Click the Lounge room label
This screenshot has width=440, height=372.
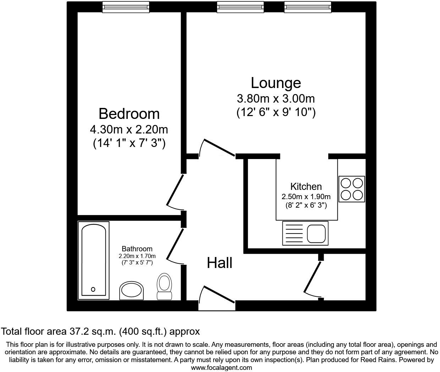pyautogui.click(x=276, y=83)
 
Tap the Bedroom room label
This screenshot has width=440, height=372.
pyautogui.click(x=129, y=114)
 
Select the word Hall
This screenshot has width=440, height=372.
pyautogui.click(x=220, y=263)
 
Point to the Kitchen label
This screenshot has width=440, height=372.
pyautogui.click(x=306, y=186)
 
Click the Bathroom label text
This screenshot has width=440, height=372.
pyautogui.click(x=137, y=249)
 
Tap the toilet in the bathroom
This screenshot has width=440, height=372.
pyautogui.click(x=164, y=286)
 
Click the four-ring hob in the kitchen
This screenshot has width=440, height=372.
pyautogui.click(x=352, y=189)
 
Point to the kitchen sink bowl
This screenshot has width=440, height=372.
pyautogui.click(x=317, y=234)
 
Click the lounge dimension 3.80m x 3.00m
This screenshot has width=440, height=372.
pyautogui.click(x=276, y=98)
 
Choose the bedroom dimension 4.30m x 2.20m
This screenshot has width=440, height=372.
pyautogui.click(x=129, y=129)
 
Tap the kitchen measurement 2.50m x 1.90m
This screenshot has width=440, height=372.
pyautogui.click(x=306, y=197)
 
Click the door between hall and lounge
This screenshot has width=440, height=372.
pyautogui.click(x=217, y=148)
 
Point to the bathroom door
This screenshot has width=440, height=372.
pyautogui.click(x=174, y=247)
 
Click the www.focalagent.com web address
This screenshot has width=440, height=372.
pyautogui.click(x=221, y=368)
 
